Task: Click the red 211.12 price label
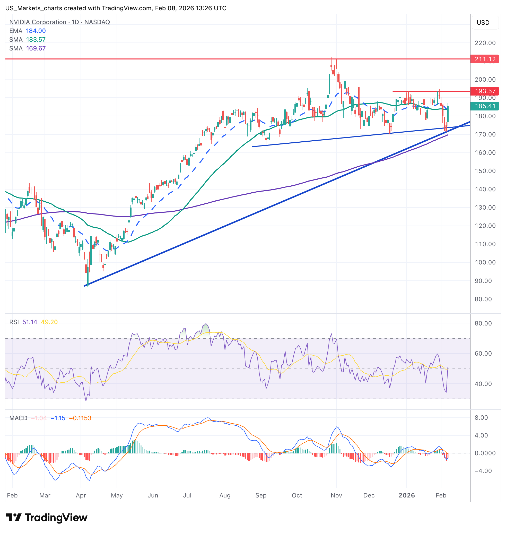[x=485, y=59]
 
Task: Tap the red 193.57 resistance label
[x=485, y=91]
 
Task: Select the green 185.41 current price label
[x=485, y=106]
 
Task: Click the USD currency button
[x=483, y=23]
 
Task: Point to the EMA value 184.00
[x=36, y=31]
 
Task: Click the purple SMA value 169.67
[x=36, y=48]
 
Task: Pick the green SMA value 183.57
[x=36, y=40]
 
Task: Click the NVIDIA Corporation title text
[x=38, y=22]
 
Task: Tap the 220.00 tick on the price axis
[x=485, y=43]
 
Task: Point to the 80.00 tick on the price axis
[x=483, y=299]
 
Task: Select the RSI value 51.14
[x=30, y=322]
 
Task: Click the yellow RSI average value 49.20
[x=49, y=322]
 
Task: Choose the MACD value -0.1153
[x=80, y=418]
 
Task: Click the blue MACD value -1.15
[x=58, y=418]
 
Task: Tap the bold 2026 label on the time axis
[x=406, y=495]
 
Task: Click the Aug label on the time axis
[x=225, y=495]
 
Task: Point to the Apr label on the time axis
[x=81, y=495]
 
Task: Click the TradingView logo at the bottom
[x=47, y=518]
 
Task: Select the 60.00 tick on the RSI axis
[x=483, y=354]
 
